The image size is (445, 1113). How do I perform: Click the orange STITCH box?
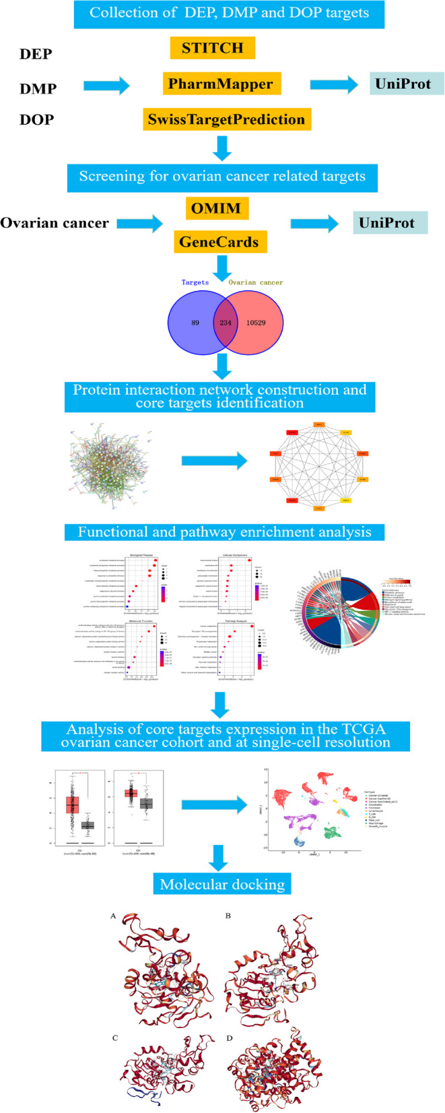point(212,49)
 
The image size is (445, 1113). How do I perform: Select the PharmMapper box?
point(221,84)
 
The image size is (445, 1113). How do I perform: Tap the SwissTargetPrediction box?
point(226,119)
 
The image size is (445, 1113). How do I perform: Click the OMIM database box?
point(217,208)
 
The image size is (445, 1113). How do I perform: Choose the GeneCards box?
point(218,242)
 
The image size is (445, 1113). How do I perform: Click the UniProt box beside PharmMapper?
point(407,84)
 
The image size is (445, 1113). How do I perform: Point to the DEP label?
point(36,53)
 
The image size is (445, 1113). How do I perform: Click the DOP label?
point(36,119)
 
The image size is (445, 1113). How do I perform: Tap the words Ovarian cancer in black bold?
point(55,223)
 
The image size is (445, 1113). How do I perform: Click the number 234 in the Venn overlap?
point(225,323)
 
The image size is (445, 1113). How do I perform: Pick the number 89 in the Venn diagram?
point(195,323)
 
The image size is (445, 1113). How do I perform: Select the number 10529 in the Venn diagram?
point(256,323)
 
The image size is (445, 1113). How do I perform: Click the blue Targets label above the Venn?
point(195,282)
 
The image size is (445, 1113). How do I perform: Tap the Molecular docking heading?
point(222,884)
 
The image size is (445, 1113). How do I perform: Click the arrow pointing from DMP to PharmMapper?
point(106,86)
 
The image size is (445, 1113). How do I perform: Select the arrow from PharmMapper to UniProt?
point(335,85)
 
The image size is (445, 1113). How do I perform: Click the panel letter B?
point(228,916)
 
